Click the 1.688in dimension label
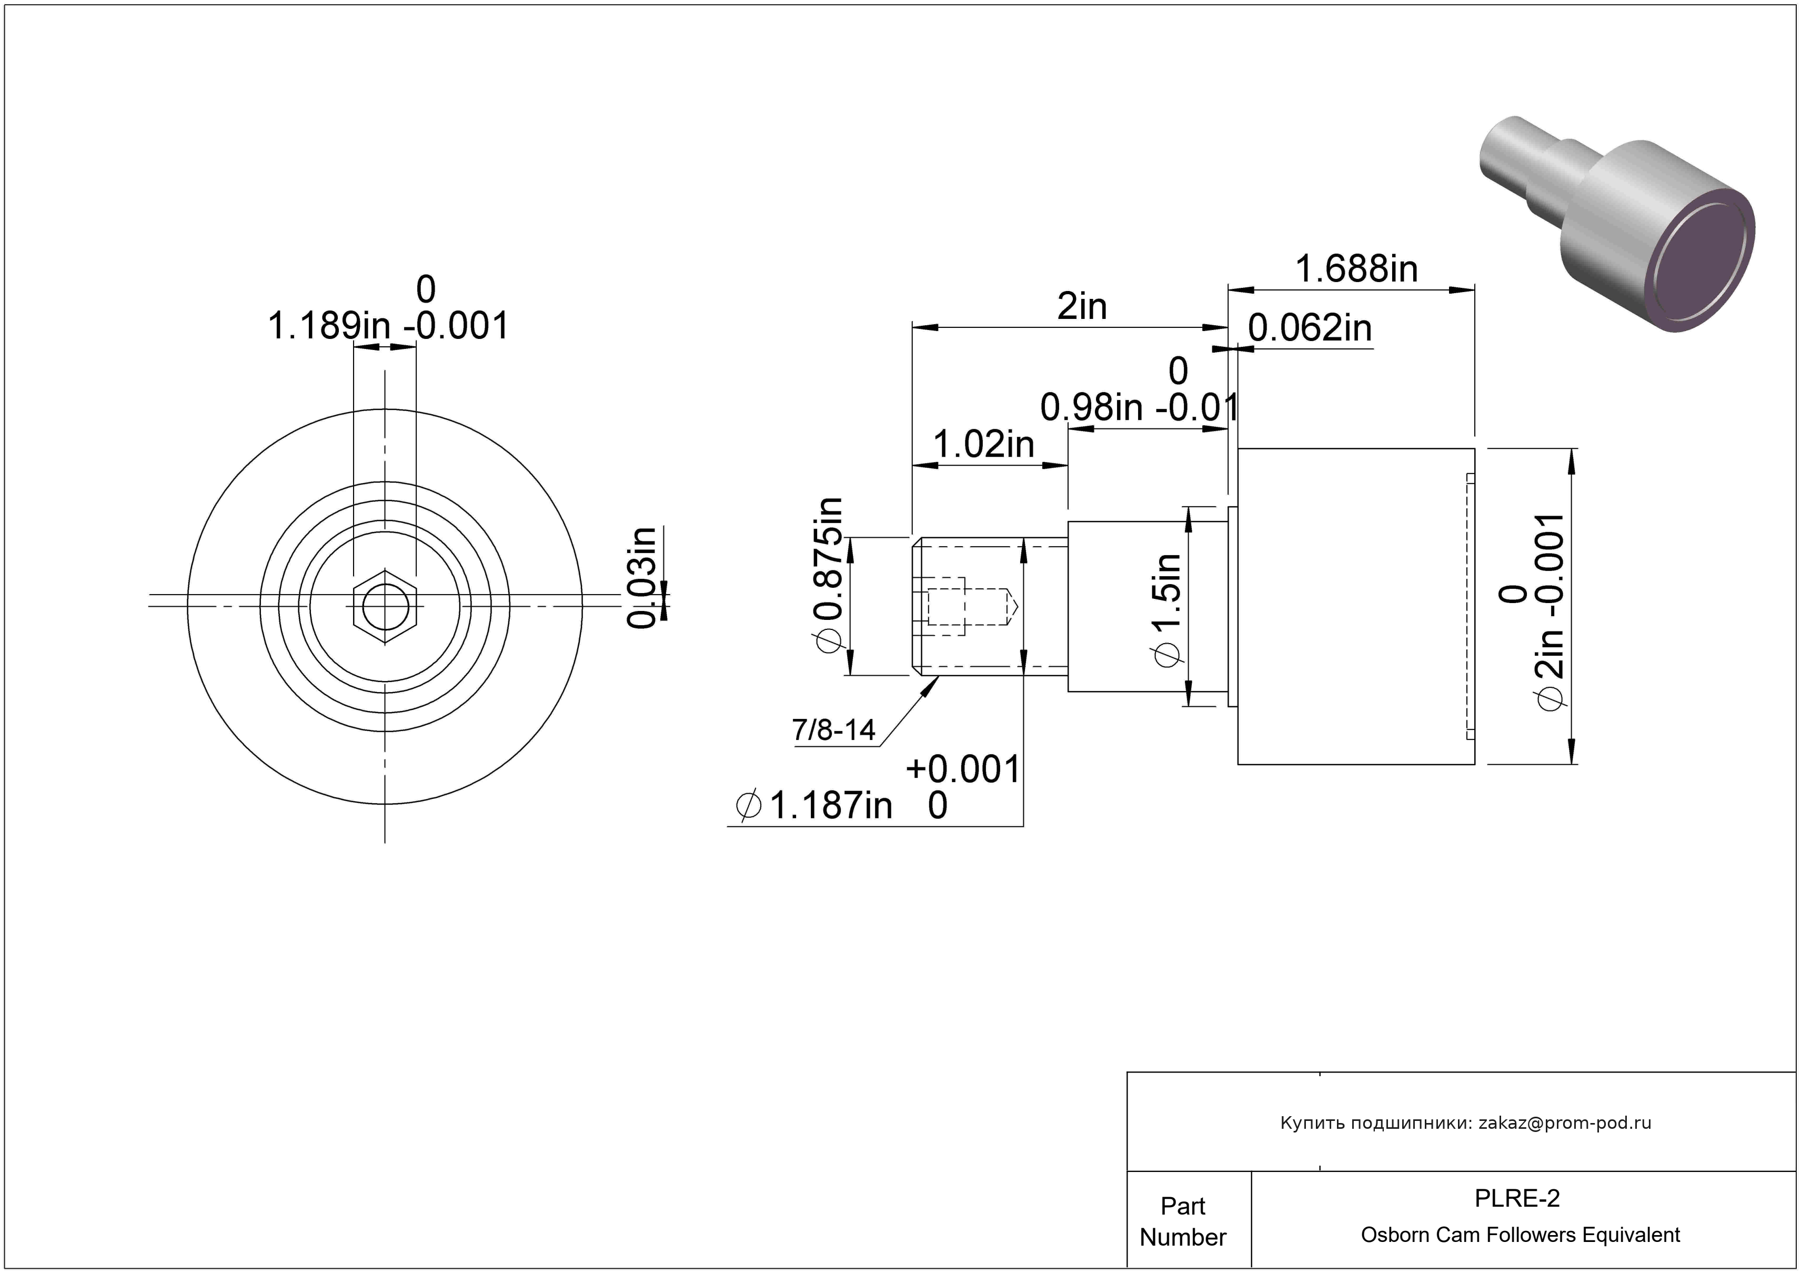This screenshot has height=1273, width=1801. pyautogui.click(x=1356, y=269)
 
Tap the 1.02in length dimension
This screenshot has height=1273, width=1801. pyautogui.click(x=984, y=445)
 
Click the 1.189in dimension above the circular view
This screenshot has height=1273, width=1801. pyautogui.click(x=329, y=326)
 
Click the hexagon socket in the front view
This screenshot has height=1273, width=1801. pyautogui.click(x=385, y=606)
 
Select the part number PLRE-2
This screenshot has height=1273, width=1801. pyautogui.click(x=1517, y=1198)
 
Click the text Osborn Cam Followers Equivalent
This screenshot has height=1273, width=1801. pyautogui.click(x=1520, y=1235)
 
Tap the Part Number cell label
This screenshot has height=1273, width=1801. pyautogui.click(x=1183, y=1221)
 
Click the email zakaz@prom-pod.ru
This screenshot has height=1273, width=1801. pyautogui.click(x=1565, y=1123)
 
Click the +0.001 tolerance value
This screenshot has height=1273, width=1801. pyautogui.click(x=963, y=769)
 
